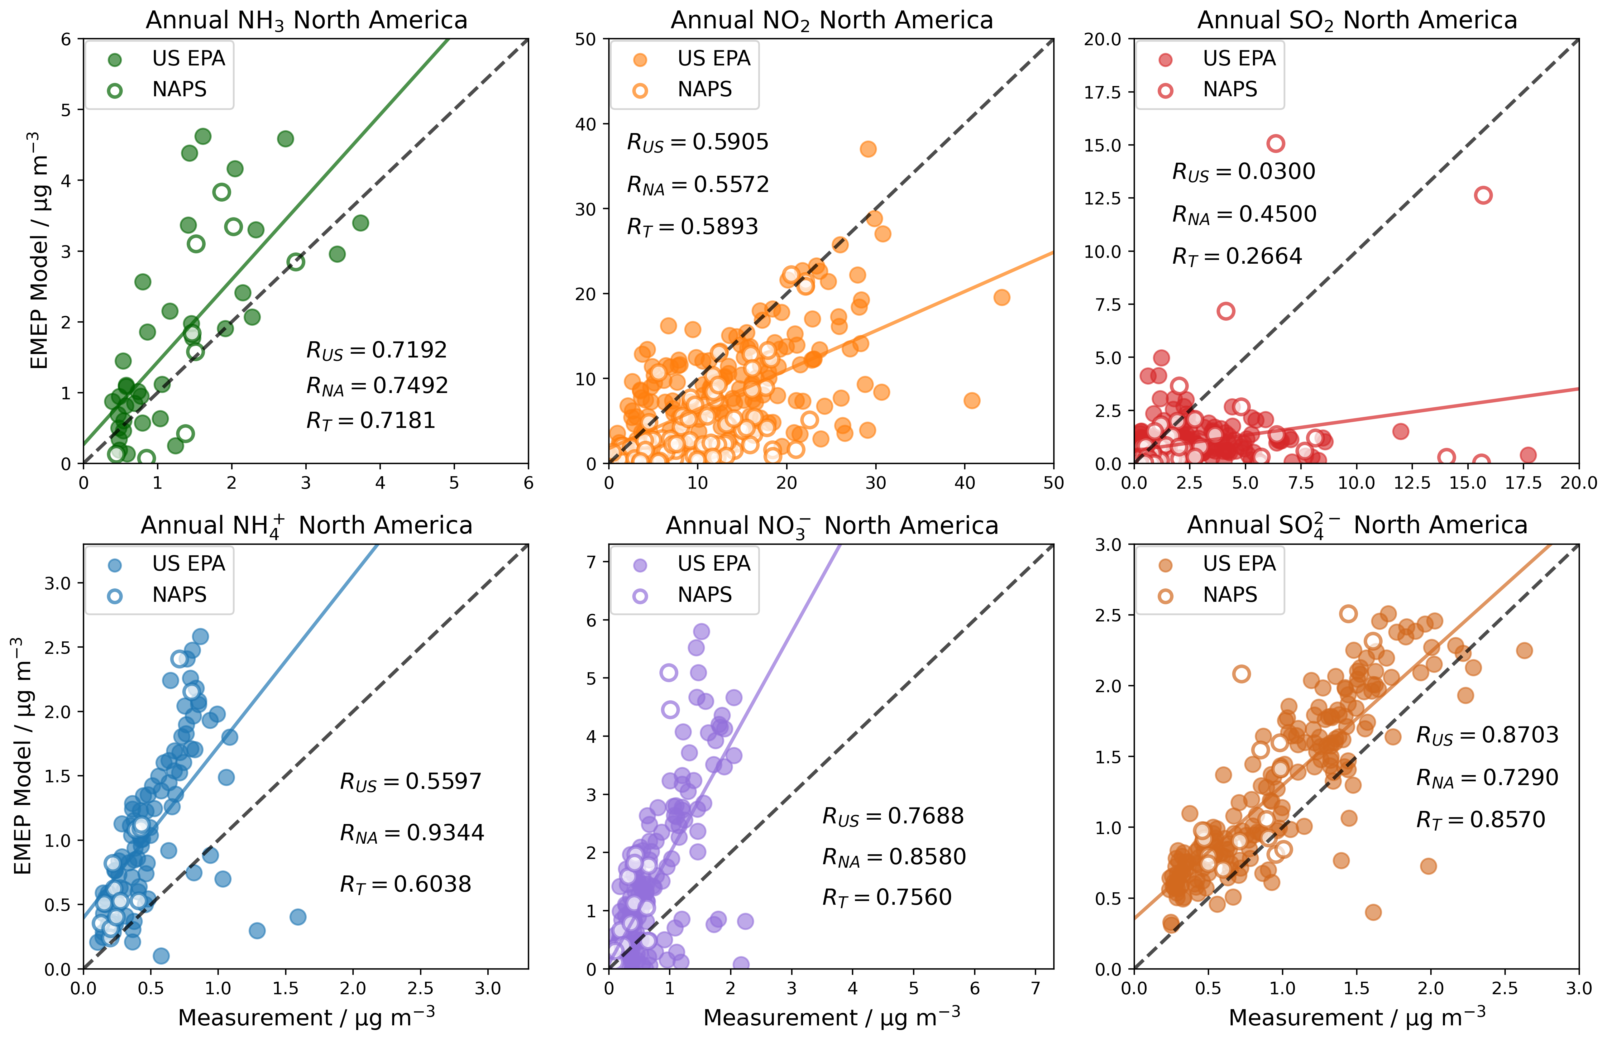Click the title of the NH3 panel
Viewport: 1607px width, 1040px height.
[307, 20]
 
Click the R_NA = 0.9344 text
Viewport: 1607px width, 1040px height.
[412, 833]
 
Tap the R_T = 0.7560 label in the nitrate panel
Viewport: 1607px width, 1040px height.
[887, 897]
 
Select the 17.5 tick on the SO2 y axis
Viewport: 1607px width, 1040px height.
[1102, 93]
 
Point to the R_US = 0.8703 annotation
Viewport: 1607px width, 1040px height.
[1487, 735]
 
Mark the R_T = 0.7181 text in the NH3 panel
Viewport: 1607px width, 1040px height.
[371, 421]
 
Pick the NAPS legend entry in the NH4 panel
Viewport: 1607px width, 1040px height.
[179, 595]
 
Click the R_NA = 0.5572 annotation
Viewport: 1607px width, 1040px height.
[697, 185]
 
